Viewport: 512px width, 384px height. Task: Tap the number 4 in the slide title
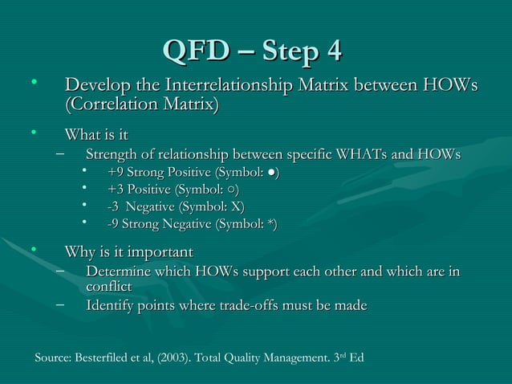333,49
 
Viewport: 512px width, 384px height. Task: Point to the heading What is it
96,134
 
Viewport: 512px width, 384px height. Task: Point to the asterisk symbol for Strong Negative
269,226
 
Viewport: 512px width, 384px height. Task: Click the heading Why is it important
129,253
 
